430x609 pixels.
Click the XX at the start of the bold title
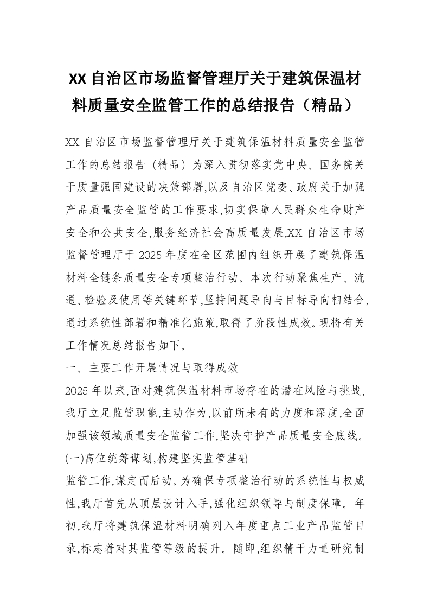[x=78, y=80]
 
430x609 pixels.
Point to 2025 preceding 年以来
[x=75, y=391]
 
